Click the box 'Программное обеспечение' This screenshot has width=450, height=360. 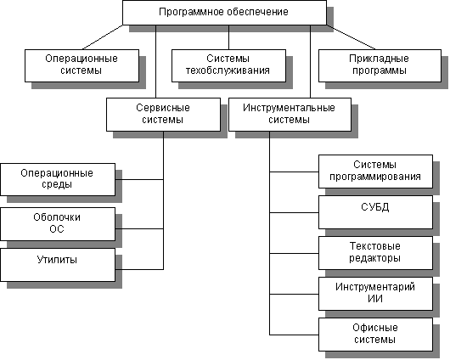[x=224, y=13]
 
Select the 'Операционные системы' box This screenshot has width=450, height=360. [x=82, y=65]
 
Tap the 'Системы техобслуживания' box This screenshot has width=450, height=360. [x=228, y=65]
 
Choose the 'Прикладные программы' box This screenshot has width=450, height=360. [x=380, y=65]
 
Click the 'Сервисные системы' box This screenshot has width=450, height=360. [x=163, y=115]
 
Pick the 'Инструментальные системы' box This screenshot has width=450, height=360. [x=290, y=115]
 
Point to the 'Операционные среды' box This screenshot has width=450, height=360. [x=58, y=180]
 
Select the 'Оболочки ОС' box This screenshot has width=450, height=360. [x=58, y=224]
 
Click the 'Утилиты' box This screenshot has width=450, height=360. [x=58, y=265]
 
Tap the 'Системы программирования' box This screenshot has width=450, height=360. [x=375, y=172]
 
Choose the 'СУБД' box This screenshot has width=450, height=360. [x=375, y=212]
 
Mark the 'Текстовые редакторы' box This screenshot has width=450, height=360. [x=375, y=253]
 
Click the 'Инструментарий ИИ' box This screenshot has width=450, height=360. [x=375, y=294]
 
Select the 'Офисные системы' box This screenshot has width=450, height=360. [x=375, y=335]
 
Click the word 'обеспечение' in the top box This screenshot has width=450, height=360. [x=257, y=12]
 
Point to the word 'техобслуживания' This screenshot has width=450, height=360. [x=228, y=70]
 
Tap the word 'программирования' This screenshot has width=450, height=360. [x=375, y=177]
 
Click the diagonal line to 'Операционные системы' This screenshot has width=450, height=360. [x=103, y=37]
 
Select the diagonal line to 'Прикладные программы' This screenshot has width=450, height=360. [x=351, y=37]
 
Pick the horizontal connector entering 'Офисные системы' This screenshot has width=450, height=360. [x=294, y=335]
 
